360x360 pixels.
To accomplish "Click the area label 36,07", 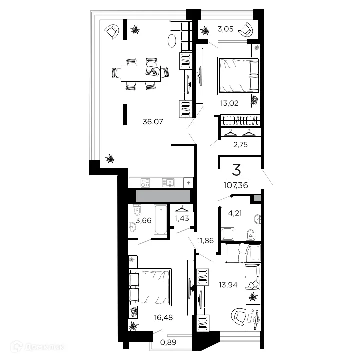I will [x=153, y=121].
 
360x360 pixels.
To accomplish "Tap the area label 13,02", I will [x=227, y=104].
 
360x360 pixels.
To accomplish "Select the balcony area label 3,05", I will [x=224, y=29].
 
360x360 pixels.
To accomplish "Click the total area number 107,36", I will [x=237, y=185].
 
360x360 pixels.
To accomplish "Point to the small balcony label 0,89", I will [x=168, y=342].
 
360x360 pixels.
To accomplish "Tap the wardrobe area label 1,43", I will [x=182, y=218].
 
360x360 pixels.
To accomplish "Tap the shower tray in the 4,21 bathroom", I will [x=229, y=233].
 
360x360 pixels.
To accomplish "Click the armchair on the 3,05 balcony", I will [x=245, y=30].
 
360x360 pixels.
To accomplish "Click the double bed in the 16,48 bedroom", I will [x=150, y=286].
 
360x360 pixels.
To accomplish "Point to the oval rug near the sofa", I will [x=172, y=40].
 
